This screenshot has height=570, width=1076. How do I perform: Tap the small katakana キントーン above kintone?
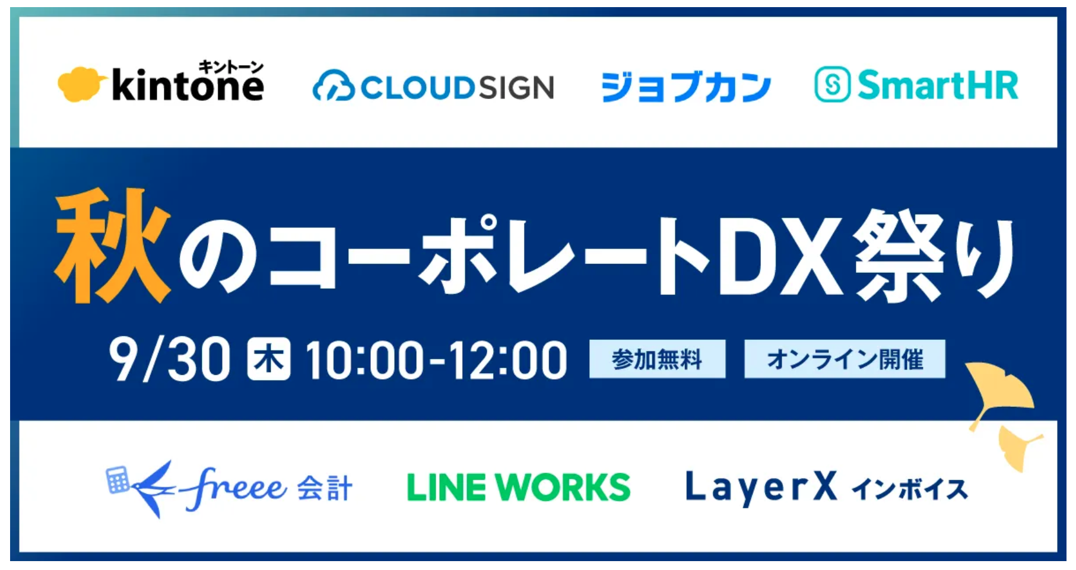tap(231, 66)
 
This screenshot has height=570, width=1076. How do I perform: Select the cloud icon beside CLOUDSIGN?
tap(333, 87)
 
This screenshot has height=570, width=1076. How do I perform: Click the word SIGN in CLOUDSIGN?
tap(516, 88)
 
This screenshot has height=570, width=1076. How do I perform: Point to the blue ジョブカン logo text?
tap(685, 87)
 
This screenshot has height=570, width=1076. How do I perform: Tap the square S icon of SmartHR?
tap(832, 85)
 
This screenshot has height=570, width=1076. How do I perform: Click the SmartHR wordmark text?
tap(938, 85)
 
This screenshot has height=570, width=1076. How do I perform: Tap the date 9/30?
tap(169, 359)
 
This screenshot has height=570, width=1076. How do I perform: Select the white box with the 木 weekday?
tap(269, 358)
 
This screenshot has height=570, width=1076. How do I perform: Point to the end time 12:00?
tap(507, 360)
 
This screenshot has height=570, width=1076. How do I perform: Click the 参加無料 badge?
tap(657, 359)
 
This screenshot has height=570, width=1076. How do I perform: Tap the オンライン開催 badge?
tap(845, 359)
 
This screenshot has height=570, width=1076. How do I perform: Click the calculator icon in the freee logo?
tap(118, 480)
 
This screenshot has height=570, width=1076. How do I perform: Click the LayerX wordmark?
tap(761, 488)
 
